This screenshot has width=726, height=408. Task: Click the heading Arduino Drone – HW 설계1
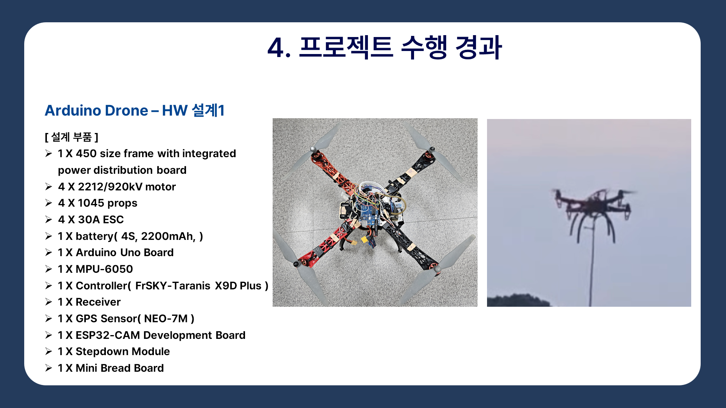(x=135, y=111)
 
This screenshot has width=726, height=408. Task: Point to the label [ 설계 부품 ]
(x=71, y=137)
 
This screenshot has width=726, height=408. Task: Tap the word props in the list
(x=122, y=204)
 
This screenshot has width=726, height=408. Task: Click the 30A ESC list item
(x=91, y=219)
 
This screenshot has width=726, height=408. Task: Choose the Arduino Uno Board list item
(x=115, y=252)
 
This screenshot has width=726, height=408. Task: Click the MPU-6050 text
(x=104, y=269)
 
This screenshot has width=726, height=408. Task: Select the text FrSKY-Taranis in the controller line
(x=172, y=286)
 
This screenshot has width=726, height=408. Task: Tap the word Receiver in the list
(x=98, y=302)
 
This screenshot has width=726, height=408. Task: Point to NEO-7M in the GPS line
(x=166, y=318)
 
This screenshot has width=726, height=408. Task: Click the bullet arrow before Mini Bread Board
(x=48, y=368)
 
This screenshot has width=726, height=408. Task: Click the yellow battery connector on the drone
(x=365, y=240)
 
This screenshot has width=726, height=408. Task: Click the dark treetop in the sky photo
(x=518, y=300)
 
